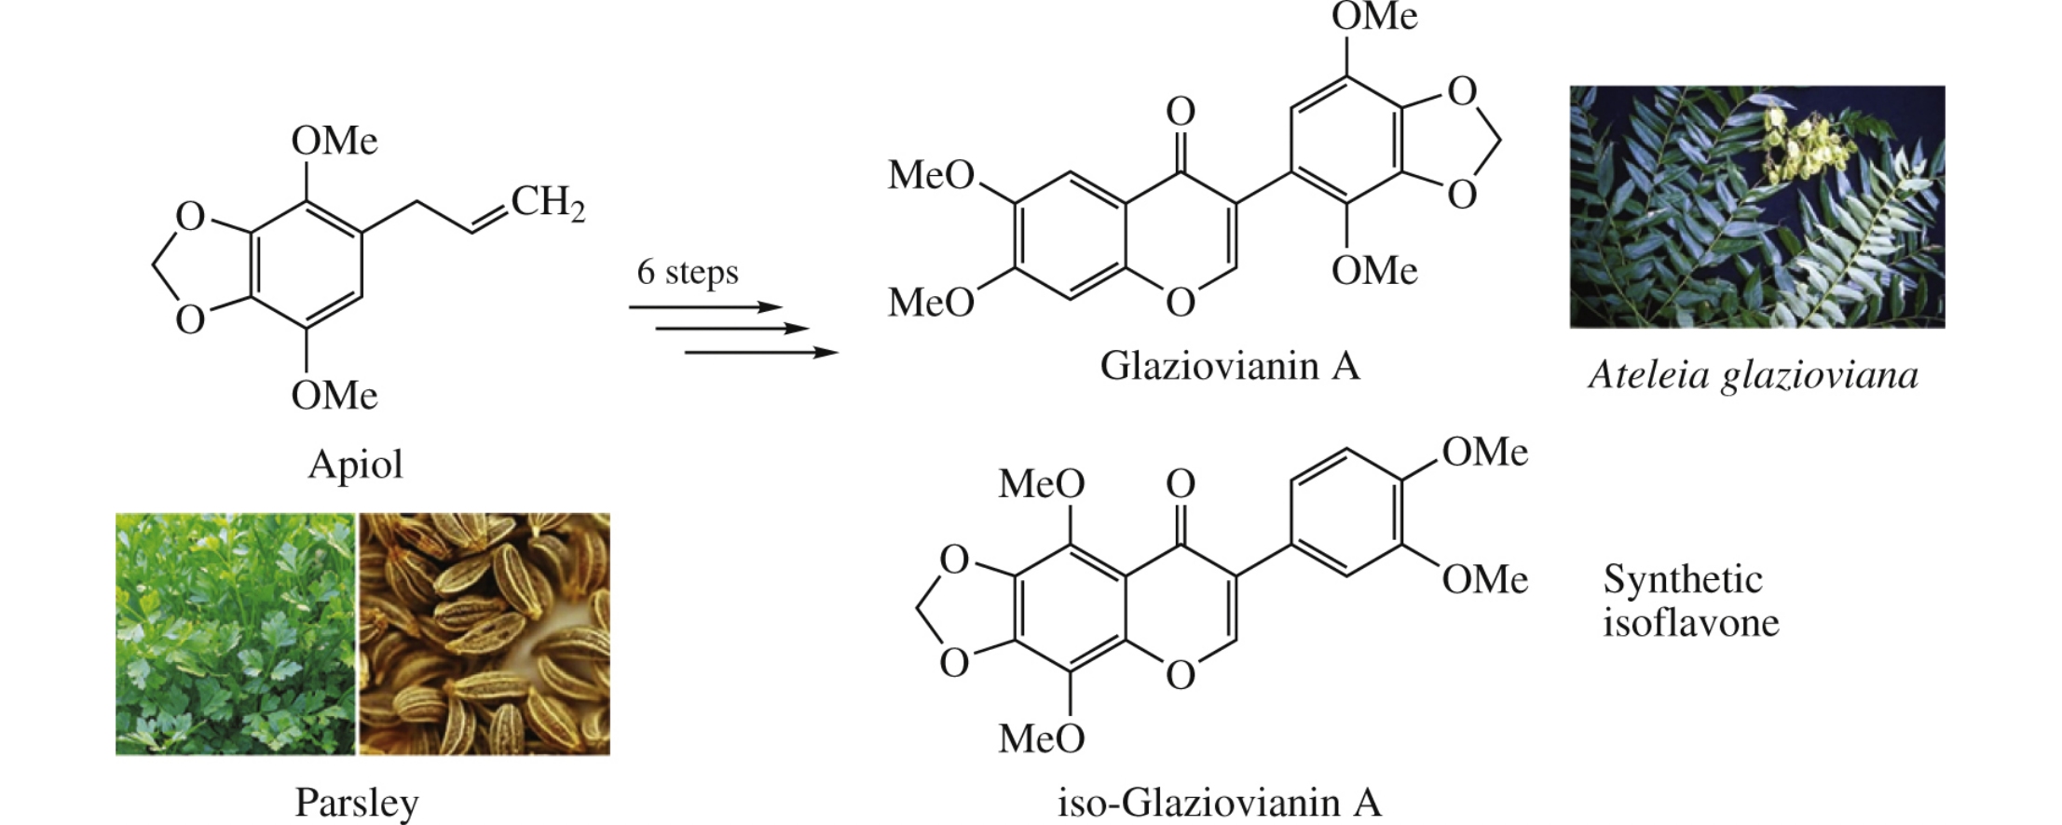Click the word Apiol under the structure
(x=355, y=464)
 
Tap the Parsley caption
(x=356, y=802)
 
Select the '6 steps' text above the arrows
(x=688, y=272)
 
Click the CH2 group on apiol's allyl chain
(x=548, y=202)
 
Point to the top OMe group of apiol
(x=334, y=142)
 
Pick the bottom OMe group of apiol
(x=334, y=396)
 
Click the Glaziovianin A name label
(x=1230, y=366)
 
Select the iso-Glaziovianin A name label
(x=1219, y=802)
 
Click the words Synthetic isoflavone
(x=1690, y=602)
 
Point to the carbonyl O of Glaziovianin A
(x=1181, y=113)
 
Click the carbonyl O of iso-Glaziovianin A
(x=1181, y=484)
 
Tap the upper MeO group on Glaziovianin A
(x=930, y=175)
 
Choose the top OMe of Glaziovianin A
(x=1374, y=17)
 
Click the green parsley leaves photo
(x=235, y=633)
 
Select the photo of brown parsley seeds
(x=485, y=633)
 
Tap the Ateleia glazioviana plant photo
(x=1756, y=207)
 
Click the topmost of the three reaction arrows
(x=705, y=307)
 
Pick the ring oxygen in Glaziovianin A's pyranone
(x=1181, y=303)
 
